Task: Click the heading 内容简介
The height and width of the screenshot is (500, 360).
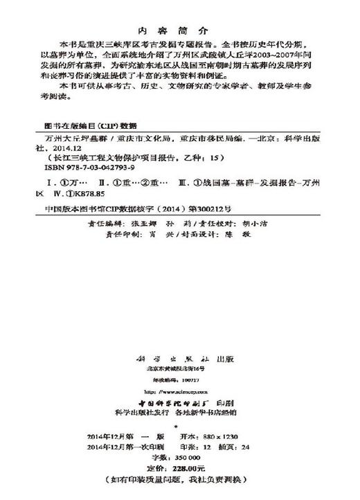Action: click(178, 30)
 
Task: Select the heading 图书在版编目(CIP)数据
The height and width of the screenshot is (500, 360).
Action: click(81, 127)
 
